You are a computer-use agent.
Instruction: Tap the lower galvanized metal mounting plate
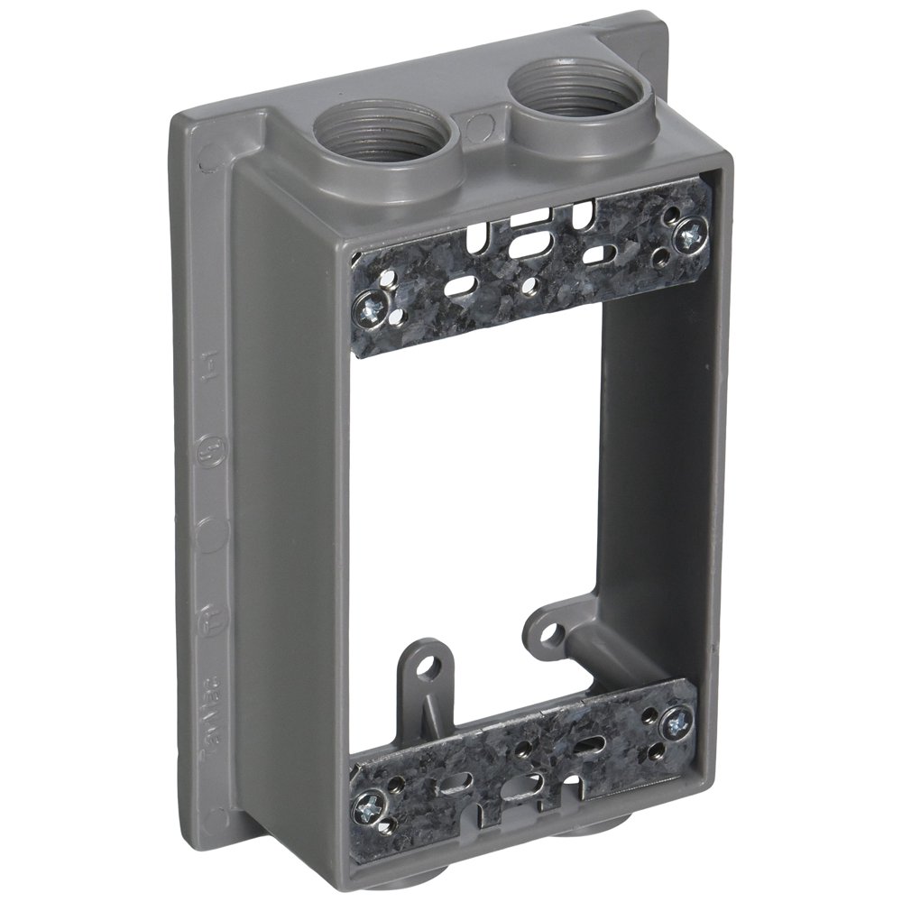(x=523, y=758)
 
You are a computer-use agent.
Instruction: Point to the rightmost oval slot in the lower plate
(x=593, y=745)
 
